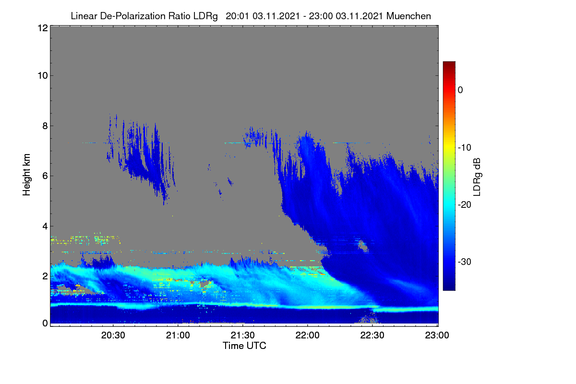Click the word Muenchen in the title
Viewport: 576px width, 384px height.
pyautogui.click(x=408, y=16)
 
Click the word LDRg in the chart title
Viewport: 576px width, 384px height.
pyautogui.click(x=205, y=16)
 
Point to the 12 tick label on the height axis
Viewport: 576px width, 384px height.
pyautogui.click(x=43, y=28)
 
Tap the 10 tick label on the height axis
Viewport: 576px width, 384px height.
pyautogui.click(x=43, y=76)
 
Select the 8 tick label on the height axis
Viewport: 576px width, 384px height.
pyautogui.click(x=45, y=126)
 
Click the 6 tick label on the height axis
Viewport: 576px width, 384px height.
pyautogui.click(x=45, y=176)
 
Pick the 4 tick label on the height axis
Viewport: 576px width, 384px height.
pyautogui.click(x=45, y=227)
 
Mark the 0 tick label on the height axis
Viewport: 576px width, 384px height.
pyautogui.click(x=45, y=324)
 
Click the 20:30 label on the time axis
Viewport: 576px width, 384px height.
pyautogui.click(x=113, y=336)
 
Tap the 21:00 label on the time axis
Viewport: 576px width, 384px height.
pyautogui.click(x=178, y=336)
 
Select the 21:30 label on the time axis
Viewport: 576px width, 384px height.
pyautogui.click(x=242, y=336)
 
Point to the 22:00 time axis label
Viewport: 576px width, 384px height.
pyautogui.click(x=307, y=336)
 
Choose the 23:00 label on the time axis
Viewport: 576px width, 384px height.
pyautogui.click(x=437, y=336)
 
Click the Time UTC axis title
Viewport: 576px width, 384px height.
pyautogui.click(x=244, y=346)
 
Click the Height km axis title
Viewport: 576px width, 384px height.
pyautogui.click(x=26, y=175)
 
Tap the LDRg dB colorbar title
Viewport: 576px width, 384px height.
pyautogui.click(x=477, y=177)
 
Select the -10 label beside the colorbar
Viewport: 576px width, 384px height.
pyautogui.click(x=465, y=148)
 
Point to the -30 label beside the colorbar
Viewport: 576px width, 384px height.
pyautogui.click(x=465, y=262)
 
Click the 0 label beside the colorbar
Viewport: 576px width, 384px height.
pyautogui.click(x=460, y=90)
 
